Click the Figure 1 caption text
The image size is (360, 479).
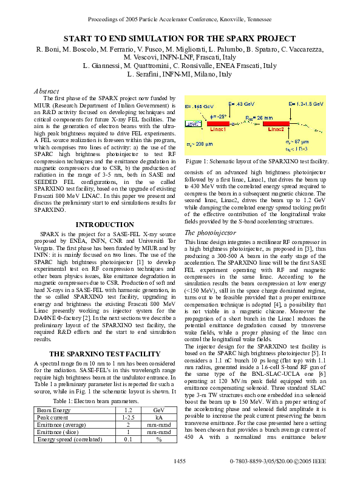(256, 161)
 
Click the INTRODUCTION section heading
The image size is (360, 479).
(104, 225)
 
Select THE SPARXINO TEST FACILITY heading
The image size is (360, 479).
(104, 354)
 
